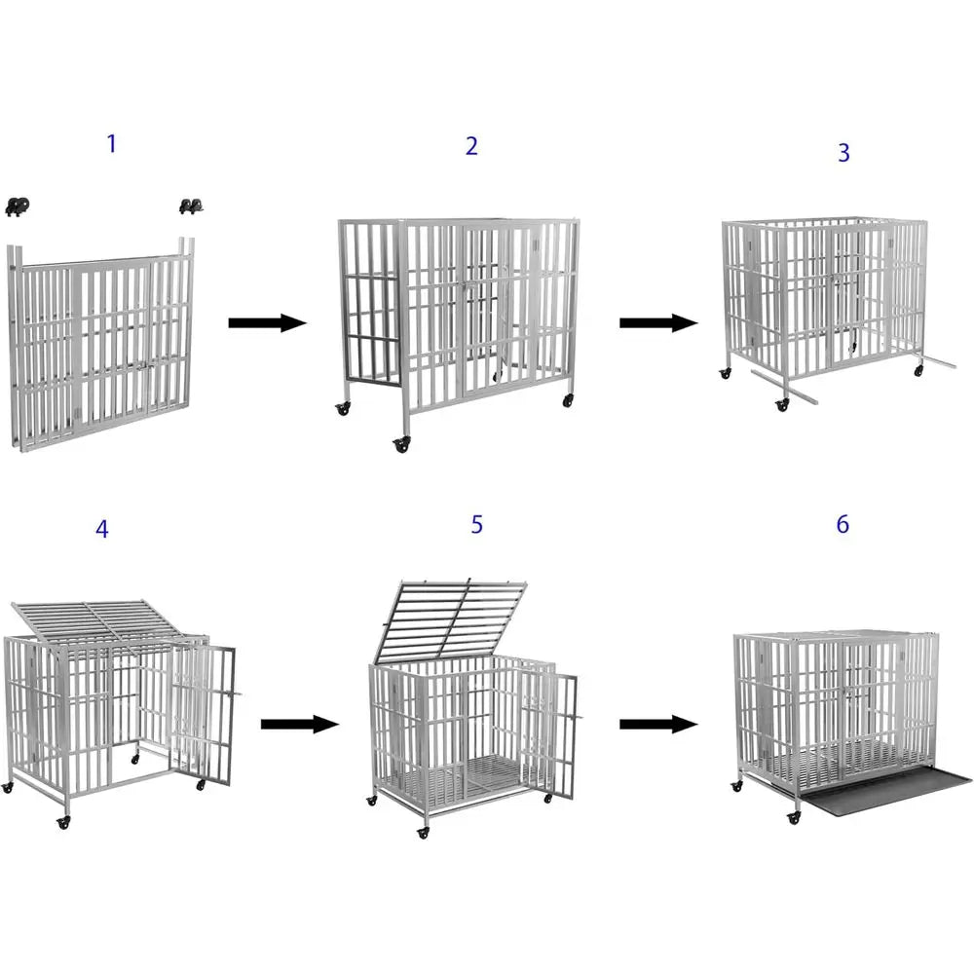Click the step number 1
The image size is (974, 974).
pos(111,144)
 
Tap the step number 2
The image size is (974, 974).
pos(471,146)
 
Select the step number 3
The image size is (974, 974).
pos(843,153)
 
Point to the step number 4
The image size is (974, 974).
pos(102,529)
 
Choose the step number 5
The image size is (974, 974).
pos(476,524)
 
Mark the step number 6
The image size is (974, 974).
pos(843,524)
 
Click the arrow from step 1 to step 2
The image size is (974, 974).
pos(267,323)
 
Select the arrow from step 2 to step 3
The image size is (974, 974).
pos(658,323)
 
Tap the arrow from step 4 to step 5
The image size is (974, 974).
pos(299,724)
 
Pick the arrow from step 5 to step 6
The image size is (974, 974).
pos(658,724)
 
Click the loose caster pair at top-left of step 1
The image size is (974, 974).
pos(17,206)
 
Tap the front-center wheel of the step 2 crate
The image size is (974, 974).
pos(400,444)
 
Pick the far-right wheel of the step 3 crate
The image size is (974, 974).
pos(918,372)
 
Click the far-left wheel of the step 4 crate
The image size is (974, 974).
pos(8,786)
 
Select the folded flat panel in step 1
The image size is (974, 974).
pos(102,351)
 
